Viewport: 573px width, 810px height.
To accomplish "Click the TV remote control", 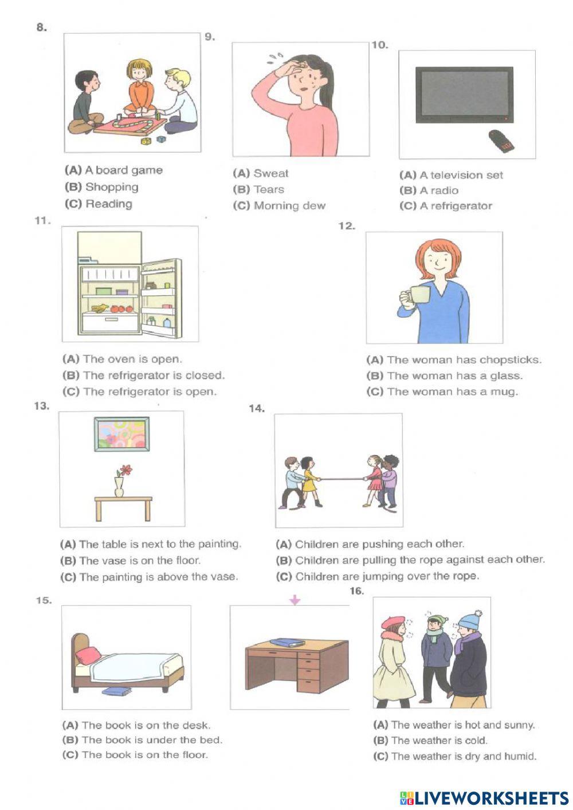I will tap(501, 141).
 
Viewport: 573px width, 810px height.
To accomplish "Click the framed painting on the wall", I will tap(121, 433).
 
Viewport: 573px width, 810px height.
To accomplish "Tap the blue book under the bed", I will tap(116, 691).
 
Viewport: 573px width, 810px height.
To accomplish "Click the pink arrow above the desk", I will tap(295, 600).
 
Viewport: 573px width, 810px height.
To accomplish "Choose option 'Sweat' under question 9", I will tap(270, 173).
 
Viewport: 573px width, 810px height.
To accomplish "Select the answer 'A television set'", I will tap(461, 175).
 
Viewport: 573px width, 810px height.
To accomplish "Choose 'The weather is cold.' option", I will tap(438, 740).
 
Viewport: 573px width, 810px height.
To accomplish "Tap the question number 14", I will tap(256, 408).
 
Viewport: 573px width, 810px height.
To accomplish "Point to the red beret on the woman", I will tap(392, 621).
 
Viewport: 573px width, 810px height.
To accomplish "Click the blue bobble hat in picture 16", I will tap(470, 620).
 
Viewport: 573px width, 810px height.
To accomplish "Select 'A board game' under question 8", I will tap(123, 170).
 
